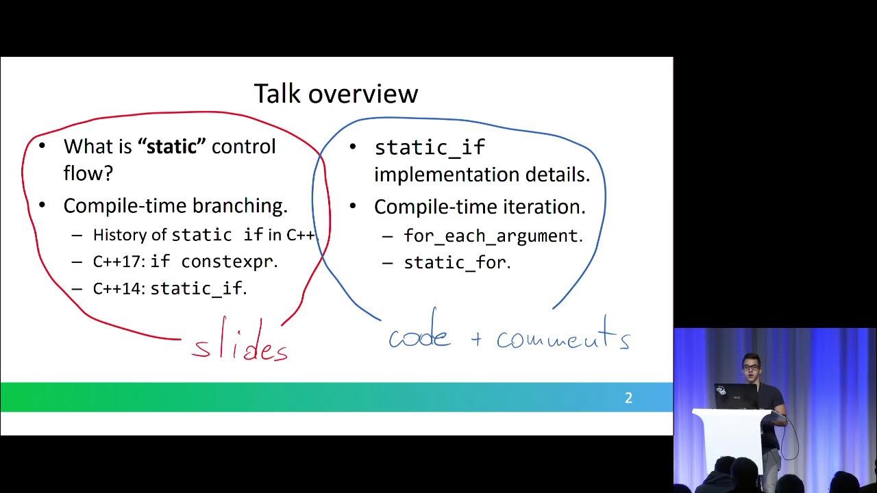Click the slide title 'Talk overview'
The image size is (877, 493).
pos(336,94)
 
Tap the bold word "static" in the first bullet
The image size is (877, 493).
pos(172,146)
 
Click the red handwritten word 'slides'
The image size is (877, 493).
pos(240,346)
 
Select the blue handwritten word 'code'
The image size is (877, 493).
pos(419,336)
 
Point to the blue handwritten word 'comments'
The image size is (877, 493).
pos(563,337)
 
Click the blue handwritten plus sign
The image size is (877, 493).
pos(477,339)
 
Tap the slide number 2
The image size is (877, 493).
pos(628,398)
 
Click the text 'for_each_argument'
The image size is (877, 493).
pos(491,236)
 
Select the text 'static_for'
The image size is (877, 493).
pos(455,262)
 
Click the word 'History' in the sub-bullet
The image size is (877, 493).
pos(120,235)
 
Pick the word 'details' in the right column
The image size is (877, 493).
pos(556,175)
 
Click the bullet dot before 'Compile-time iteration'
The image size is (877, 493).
pos(353,206)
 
